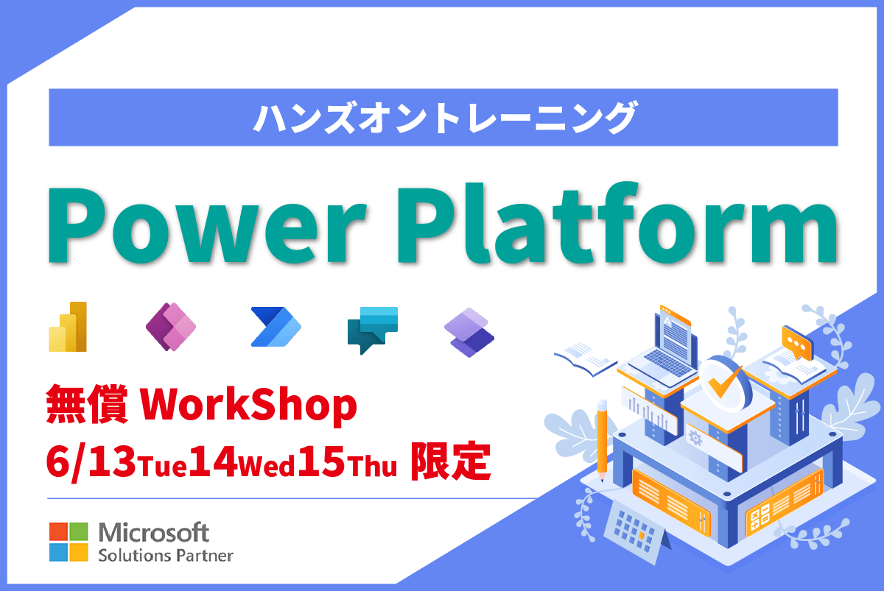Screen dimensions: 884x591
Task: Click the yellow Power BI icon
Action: pos(68,327)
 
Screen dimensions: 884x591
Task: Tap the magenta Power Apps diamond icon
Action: pos(171,327)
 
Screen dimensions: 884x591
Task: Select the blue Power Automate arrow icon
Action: pos(276,327)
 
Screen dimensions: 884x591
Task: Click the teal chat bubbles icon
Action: pos(373,330)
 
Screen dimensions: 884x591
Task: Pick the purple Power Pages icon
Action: pos(469,333)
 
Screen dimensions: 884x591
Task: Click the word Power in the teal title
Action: pos(207,224)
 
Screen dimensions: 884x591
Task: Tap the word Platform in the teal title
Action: pos(617,222)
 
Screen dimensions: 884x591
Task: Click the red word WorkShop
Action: pos(249,405)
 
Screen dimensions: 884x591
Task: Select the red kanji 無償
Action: pos(87,404)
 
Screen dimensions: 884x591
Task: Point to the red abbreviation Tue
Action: pos(162,466)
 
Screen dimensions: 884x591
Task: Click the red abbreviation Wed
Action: pos(267,466)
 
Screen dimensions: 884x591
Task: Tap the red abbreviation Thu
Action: pos(372,466)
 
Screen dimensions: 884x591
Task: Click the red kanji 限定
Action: pos(451,461)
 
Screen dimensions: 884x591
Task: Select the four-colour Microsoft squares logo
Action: pos(69,542)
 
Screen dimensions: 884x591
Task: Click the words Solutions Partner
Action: pos(166,556)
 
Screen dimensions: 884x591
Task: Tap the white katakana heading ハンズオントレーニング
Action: pos(444,117)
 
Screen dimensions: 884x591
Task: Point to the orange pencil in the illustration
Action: pos(603,440)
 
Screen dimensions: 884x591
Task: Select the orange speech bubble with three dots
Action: pos(796,343)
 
